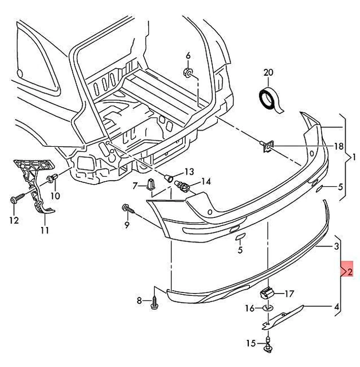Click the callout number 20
pos(269,72)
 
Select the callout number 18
pos(338,147)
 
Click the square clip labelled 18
pos(267,149)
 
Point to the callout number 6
pos(188,55)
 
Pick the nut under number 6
pos(188,72)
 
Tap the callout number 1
pos(354,157)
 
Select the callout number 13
pos(189,172)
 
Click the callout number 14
pos(205,181)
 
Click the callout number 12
pos(14,220)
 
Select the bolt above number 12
pos(14,200)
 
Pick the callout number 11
pos(45,231)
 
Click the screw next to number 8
pos(154,303)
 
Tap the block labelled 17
pos(266,292)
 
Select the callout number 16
pos(249,309)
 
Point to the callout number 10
pos(55,196)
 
